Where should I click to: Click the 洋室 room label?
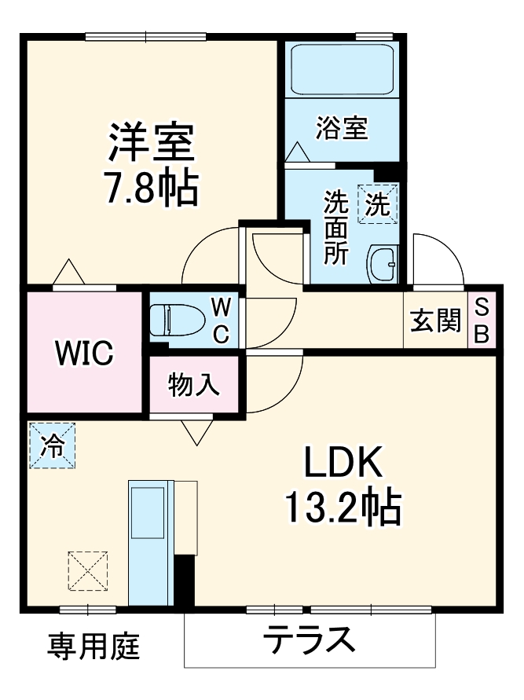click(x=152, y=142)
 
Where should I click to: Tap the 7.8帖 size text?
click(x=152, y=188)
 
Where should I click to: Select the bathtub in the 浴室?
click(x=343, y=69)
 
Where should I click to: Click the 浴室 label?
click(x=342, y=128)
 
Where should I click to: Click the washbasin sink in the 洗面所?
click(x=382, y=265)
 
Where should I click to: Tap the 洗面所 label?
click(x=336, y=227)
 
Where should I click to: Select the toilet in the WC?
click(x=177, y=320)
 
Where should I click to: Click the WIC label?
click(x=84, y=353)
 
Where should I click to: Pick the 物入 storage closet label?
click(x=194, y=384)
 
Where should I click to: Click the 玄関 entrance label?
click(x=435, y=320)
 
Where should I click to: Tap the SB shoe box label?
click(x=482, y=320)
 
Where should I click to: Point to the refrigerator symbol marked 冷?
click(x=52, y=445)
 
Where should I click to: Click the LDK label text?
click(x=343, y=462)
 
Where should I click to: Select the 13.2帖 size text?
click(x=343, y=508)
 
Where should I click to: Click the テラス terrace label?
click(x=310, y=639)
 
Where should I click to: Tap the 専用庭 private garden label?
click(x=93, y=647)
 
